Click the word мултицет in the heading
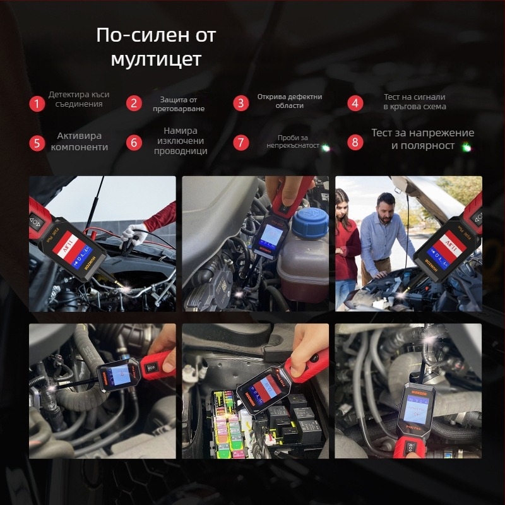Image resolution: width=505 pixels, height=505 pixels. (156, 60)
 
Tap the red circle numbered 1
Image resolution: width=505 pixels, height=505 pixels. (37, 104)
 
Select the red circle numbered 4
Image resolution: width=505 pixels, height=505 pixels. (355, 104)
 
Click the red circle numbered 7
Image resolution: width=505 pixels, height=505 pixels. (240, 142)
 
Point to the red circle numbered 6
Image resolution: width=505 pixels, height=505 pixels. (133, 142)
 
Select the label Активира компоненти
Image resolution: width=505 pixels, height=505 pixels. (79, 141)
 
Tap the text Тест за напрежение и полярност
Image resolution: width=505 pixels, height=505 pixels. (422, 139)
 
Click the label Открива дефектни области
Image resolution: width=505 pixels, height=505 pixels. (290, 102)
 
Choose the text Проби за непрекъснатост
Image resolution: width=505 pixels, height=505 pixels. (292, 141)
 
